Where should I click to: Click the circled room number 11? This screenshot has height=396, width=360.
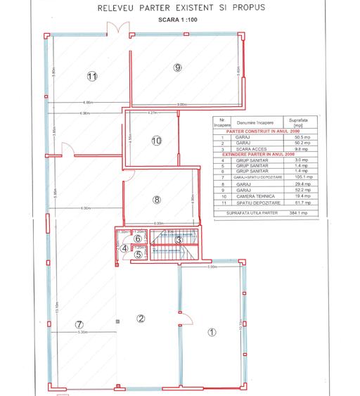click(x=91, y=76)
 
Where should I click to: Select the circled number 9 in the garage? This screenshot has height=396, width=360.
click(x=178, y=67)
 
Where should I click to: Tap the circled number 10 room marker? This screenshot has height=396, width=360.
click(x=156, y=140)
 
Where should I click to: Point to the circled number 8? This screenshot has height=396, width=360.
click(x=157, y=199)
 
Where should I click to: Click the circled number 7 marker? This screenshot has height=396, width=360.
click(x=79, y=324)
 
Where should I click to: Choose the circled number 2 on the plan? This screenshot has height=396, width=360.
click(x=141, y=319)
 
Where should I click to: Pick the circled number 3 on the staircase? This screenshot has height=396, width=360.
click(x=179, y=240)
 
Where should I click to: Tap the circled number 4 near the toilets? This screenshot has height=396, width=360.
click(x=124, y=248)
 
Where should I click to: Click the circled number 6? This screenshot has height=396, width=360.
click(x=139, y=238)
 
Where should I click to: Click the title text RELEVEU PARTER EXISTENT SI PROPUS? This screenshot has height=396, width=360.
click(x=179, y=11)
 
